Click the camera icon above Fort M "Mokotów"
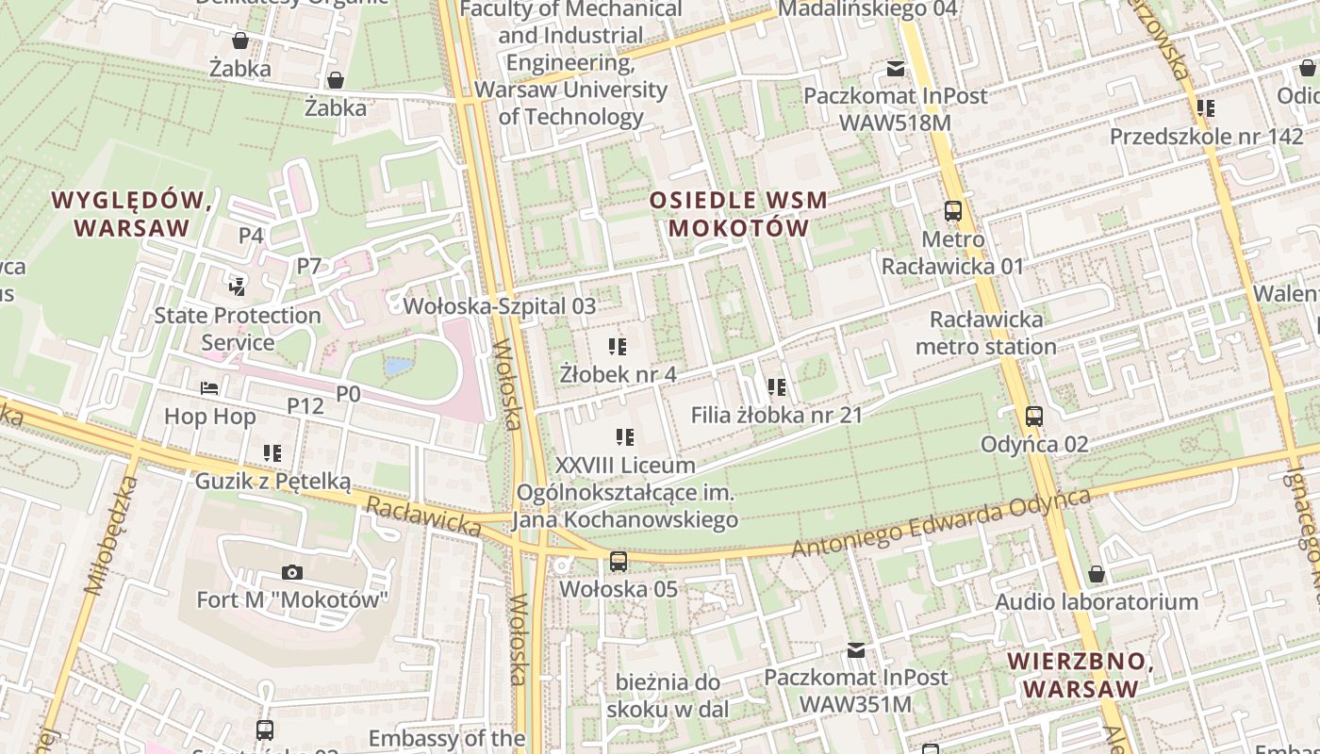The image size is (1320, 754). coord(292,572)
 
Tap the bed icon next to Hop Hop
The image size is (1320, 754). coord(210,388)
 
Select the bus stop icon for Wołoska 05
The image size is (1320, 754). coord(619,562)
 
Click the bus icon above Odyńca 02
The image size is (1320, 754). coord(1034,417)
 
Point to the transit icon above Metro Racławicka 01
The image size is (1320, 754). coord(953,211)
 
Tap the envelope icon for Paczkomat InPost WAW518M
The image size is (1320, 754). coord(895,69)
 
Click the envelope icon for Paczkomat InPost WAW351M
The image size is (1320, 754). coord(856,650)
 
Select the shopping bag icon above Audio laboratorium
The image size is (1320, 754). coord(1097,574)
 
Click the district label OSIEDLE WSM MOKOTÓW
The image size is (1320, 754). coord(738,214)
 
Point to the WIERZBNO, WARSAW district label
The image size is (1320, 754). coord(1081,675)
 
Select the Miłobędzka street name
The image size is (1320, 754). coord(111,535)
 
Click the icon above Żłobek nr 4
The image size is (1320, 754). coord(618,347)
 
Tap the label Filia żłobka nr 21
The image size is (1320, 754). coord(776,415)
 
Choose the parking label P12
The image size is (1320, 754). coord(305,405)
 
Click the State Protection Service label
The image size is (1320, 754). coord(238,329)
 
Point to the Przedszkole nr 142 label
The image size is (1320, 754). coord(1206,136)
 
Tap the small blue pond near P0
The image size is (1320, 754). coord(398,366)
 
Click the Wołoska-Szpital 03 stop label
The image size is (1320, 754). coord(500,306)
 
